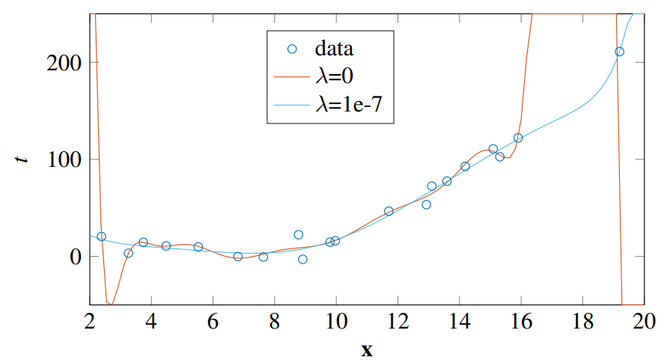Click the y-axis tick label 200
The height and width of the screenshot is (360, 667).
click(63, 63)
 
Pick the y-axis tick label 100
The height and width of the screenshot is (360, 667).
click(63, 159)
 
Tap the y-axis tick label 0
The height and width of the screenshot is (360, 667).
click(73, 256)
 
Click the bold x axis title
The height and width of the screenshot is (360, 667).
click(366, 350)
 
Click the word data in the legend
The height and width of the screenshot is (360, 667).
click(334, 49)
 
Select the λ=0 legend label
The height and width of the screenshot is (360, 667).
click(338, 78)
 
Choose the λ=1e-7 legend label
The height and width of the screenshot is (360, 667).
click(350, 106)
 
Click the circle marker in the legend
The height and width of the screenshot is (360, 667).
click(293, 49)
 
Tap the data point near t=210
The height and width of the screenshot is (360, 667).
click(619, 52)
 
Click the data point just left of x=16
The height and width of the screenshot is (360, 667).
click(518, 138)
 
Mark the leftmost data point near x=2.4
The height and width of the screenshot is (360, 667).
click(102, 237)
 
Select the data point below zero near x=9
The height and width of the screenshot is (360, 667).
click(302, 259)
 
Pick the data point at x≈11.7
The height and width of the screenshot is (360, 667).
click(389, 211)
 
